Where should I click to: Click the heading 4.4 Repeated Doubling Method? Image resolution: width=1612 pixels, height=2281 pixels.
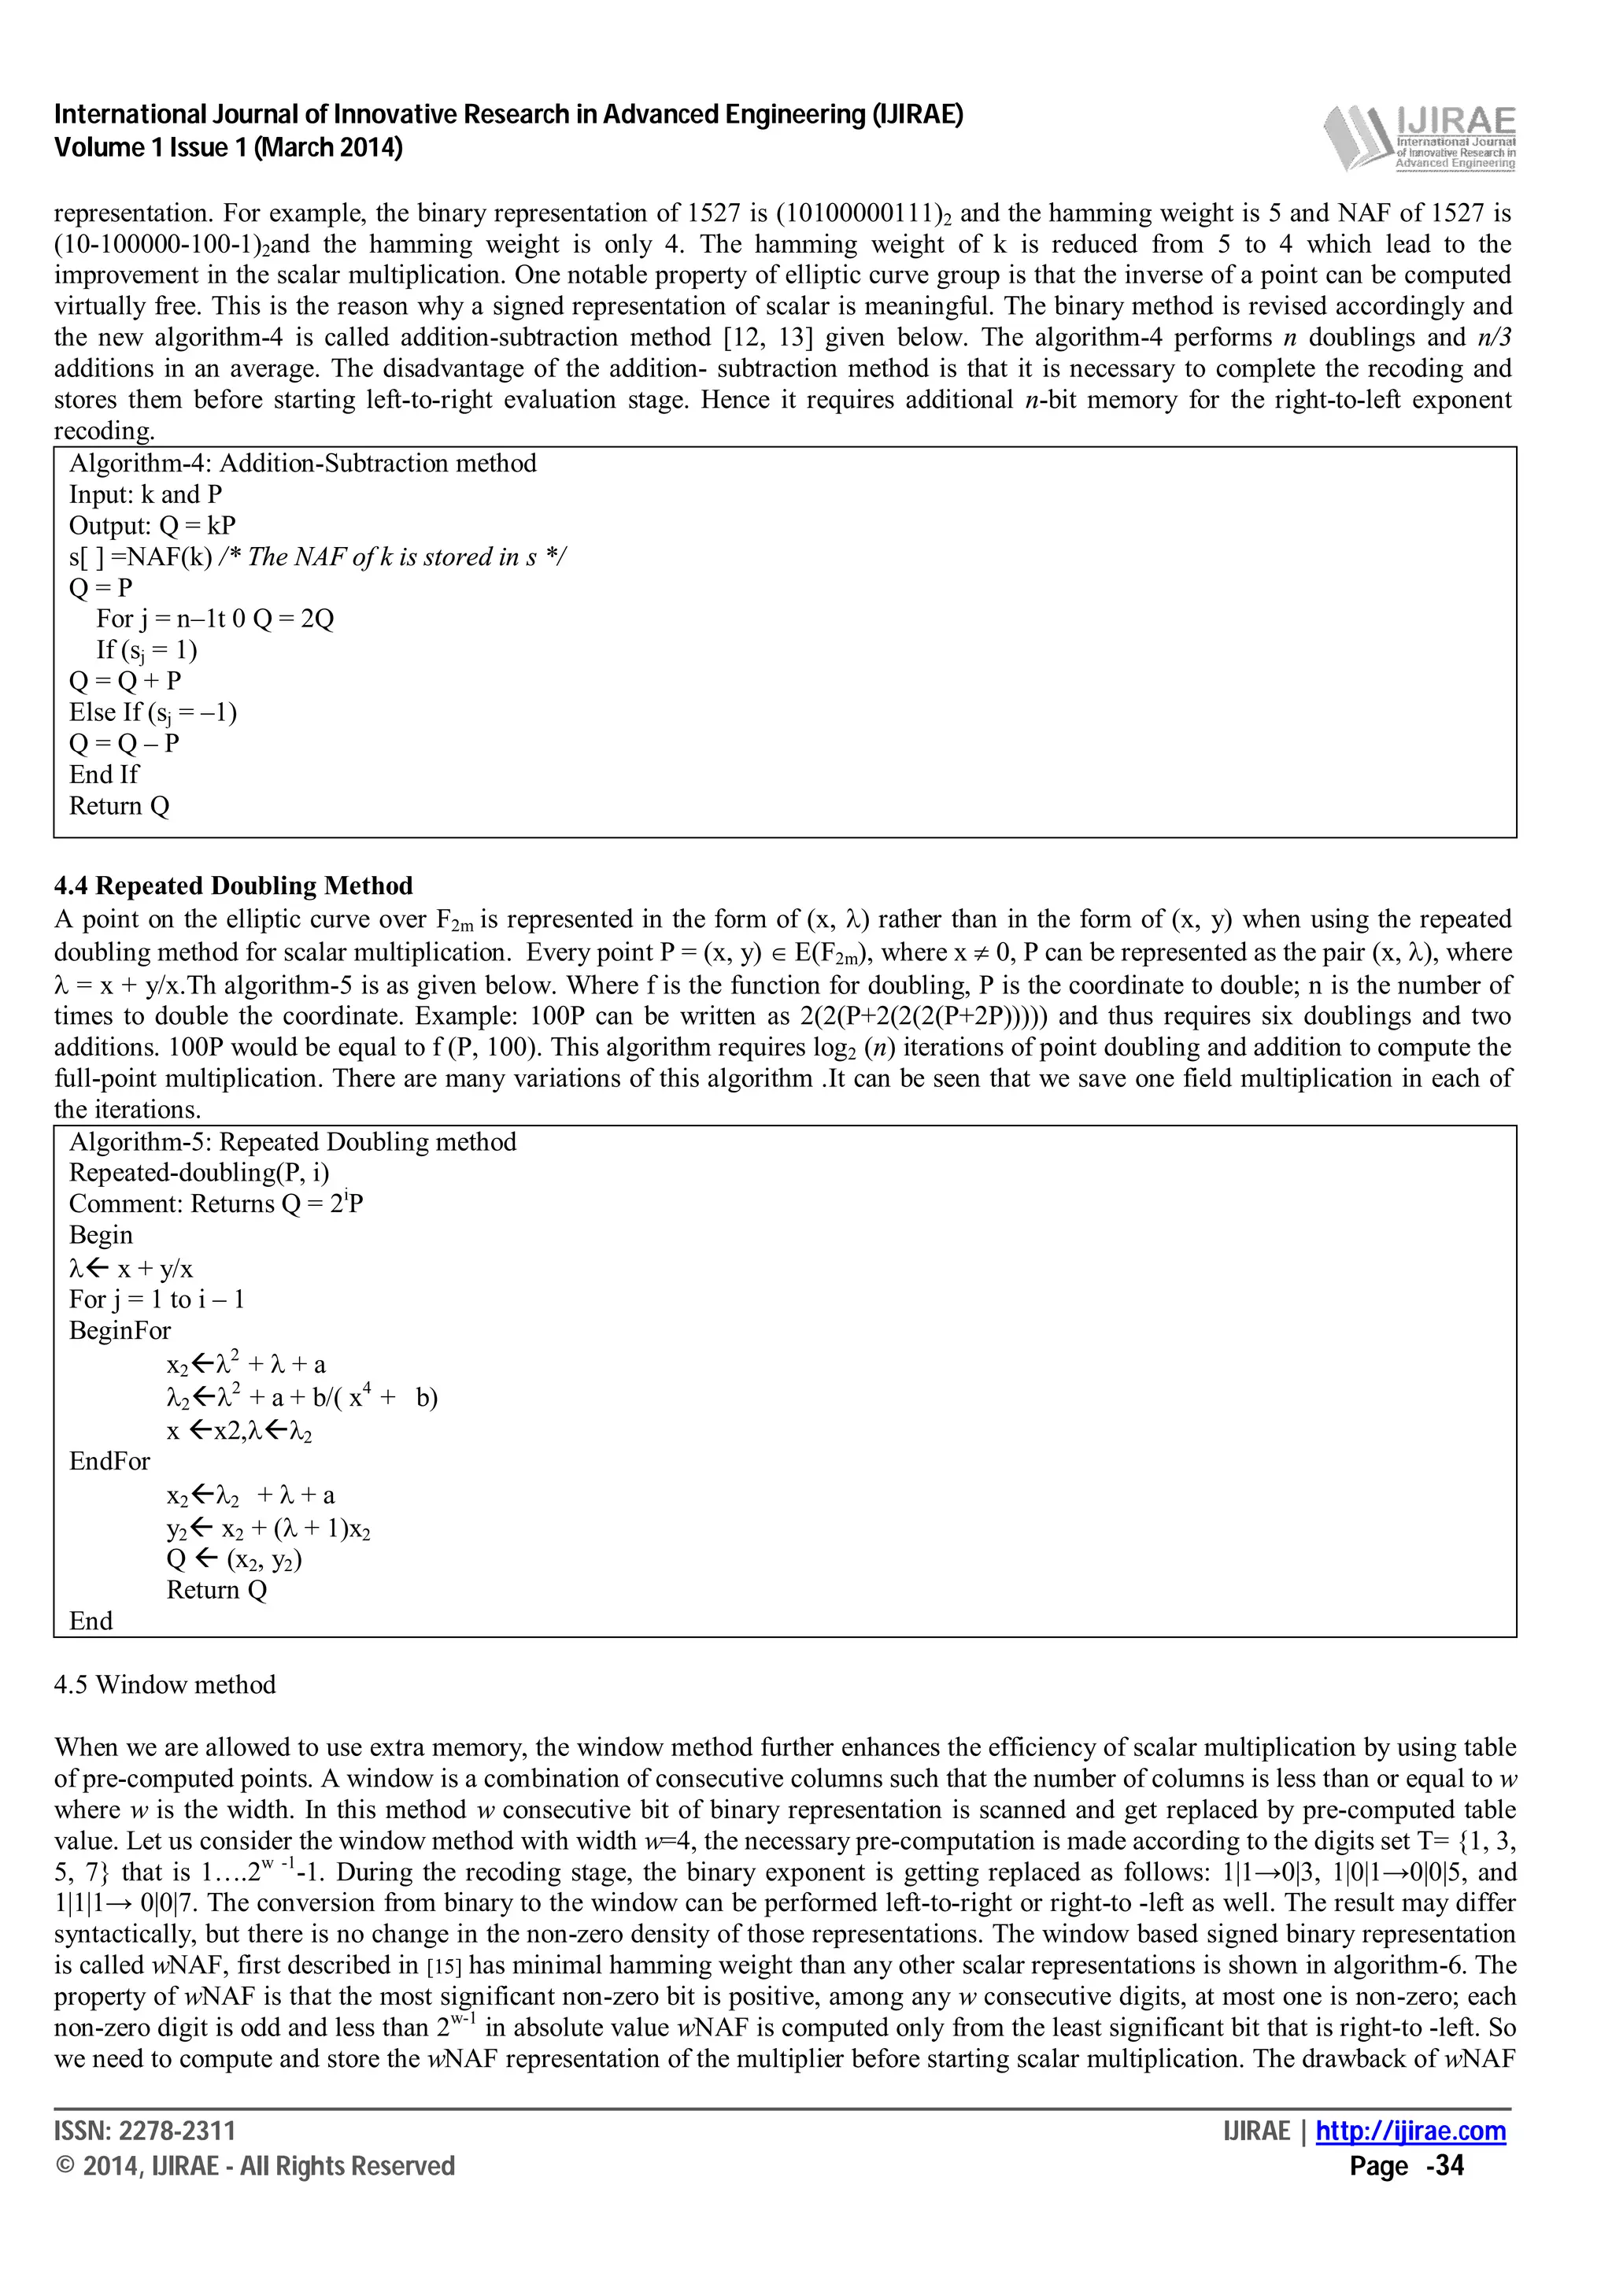click(234, 885)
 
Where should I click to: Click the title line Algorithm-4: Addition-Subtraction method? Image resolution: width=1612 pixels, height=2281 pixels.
click(302, 463)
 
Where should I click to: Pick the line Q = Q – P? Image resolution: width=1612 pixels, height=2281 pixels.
click(124, 743)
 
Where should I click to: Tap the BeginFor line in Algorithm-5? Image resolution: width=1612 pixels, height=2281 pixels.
click(119, 1329)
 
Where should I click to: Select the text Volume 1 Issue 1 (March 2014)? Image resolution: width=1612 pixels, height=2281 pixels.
click(228, 148)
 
